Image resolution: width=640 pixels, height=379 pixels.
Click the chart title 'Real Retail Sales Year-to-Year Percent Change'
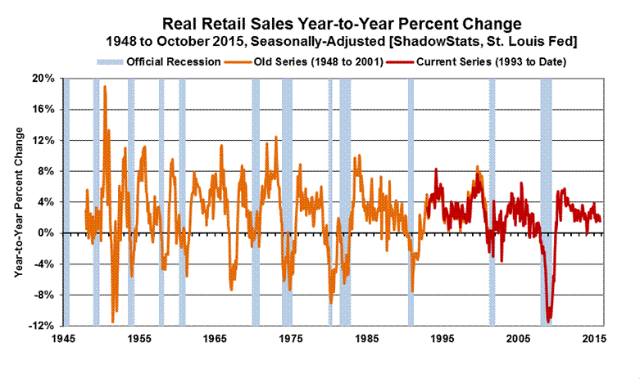click(x=332, y=23)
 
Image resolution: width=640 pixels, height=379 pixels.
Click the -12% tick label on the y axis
click(x=42, y=326)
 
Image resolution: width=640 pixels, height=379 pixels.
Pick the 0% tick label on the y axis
click(x=46, y=233)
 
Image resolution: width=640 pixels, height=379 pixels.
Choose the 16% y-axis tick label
click(x=43, y=110)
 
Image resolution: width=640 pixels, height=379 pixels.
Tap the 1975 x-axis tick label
click(x=291, y=339)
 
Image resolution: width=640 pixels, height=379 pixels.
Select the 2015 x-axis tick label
click(x=595, y=339)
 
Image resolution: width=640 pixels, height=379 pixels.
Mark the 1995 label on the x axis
click(x=443, y=339)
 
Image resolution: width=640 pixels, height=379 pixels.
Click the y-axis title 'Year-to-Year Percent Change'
click(x=18, y=201)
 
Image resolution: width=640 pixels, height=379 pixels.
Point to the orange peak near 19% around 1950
click(x=104, y=87)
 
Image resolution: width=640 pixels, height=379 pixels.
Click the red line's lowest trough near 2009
click(x=549, y=321)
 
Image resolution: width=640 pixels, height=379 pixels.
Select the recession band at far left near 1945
click(x=66, y=201)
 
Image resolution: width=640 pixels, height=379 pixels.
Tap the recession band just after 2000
click(x=492, y=201)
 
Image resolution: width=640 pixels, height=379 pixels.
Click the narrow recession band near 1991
click(x=411, y=201)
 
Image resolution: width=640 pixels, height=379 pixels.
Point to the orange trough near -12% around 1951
click(x=113, y=322)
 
